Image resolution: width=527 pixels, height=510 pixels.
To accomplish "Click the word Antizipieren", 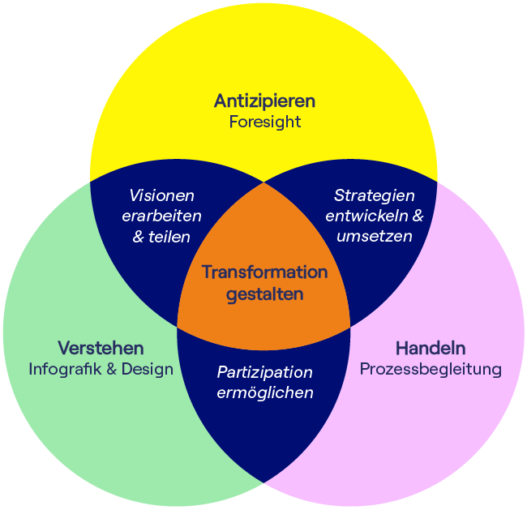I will [x=264, y=101].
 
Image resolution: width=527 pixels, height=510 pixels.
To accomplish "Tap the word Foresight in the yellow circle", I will [x=264, y=122].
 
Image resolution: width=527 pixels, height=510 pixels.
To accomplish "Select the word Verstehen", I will [x=101, y=349].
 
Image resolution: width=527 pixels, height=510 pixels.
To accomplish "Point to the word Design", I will [x=147, y=370].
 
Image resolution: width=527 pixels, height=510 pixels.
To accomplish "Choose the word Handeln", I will [x=431, y=349].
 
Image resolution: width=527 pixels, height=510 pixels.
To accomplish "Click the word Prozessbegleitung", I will [x=431, y=370].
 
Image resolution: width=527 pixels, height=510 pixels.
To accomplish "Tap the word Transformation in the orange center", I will [x=264, y=272].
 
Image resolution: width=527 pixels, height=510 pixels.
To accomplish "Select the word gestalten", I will [x=264, y=294].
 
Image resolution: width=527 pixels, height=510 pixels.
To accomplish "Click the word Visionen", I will [x=162, y=195].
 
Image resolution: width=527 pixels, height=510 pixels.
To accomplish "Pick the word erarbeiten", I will [x=161, y=216].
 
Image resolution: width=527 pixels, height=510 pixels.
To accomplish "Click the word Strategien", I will [x=374, y=195].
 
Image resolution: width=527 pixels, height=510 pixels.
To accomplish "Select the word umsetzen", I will [x=374, y=237].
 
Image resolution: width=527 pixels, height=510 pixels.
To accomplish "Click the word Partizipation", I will [x=264, y=372].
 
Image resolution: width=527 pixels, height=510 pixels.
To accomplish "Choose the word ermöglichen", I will [x=264, y=393].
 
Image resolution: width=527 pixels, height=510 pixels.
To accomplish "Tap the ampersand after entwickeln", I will [x=418, y=216].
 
